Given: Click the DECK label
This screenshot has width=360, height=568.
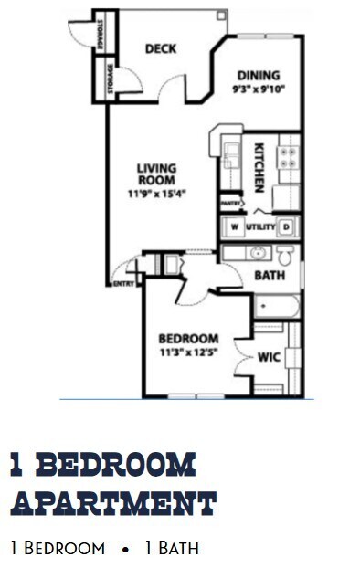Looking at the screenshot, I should click(x=161, y=48).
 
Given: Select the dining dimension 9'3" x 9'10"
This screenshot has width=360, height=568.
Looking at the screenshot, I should click(x=258, y=89).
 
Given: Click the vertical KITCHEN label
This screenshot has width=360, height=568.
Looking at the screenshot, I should click(x=259, y=166).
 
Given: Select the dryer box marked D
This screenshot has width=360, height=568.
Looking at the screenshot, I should click(x=285, y=226).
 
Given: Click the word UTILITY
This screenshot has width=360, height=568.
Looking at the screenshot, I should click(x=259, y=226).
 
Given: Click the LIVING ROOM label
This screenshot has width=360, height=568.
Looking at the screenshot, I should click(x=156, y=174).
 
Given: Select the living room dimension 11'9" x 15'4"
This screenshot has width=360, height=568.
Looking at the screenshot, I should click(x=156, y=193).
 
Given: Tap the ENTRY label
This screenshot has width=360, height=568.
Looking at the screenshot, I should click(x=122, y=284).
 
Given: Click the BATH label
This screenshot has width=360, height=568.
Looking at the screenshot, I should click(x=269, y=275).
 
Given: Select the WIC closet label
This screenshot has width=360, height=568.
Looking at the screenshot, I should click(x=269, y=356).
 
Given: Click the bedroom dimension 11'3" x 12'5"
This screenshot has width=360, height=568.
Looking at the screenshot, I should click(x=187, y=352).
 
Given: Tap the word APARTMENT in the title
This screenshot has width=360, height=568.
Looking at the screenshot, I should click(x=113, y=503).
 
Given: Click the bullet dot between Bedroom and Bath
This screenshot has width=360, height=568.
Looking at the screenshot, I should click(x=124, y=550).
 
